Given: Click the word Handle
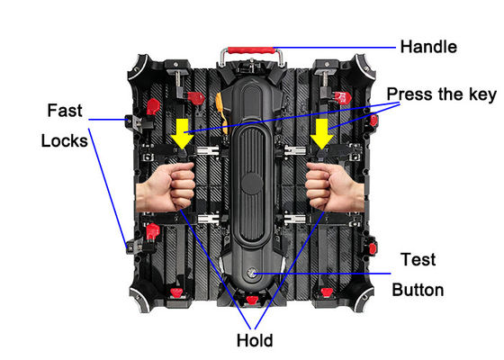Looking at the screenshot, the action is (x=428, y=47).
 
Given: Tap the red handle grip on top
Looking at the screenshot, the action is (x=251, y=50).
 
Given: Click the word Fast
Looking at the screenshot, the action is (x=65, y=110).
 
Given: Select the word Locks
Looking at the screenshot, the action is (x=64, y=140).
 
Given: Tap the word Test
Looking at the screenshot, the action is (x=418, y=259).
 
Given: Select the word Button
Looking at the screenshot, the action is (x=418, y=290).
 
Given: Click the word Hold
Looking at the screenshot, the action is (x=255, y=340).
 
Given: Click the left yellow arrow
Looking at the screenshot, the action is (x=182, y=133).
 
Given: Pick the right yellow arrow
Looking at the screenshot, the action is (x=322, y=133).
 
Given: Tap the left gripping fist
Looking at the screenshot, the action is (x=166, y=187).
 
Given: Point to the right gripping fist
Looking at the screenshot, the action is (x=334, y=187).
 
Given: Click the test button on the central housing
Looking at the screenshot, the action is (x=251, y=274).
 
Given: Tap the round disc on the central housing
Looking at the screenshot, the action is (x=252, y=184).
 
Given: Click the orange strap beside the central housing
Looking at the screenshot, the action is (x=221, y=111).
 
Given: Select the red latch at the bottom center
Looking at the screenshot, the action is (x=252, y=301).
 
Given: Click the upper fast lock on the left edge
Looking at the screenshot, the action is (x=134, y=122).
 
